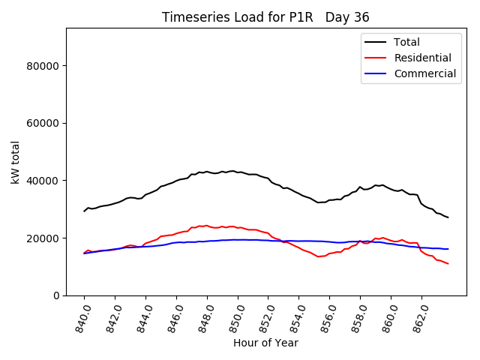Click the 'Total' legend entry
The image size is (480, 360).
(x=407, y=42)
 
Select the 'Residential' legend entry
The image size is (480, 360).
(x=422, y=58)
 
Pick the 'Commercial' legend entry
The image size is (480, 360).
(x=424, y=73)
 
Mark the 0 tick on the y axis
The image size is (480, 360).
(x=56, y=295)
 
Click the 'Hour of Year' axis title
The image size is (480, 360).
(x=265, y=343)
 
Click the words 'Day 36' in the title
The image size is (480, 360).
(x=347, y=17)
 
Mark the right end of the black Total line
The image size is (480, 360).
(x=448, y=217)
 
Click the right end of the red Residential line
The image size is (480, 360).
(x=448, y=263)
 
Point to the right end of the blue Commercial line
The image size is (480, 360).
(x=448, y=249)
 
